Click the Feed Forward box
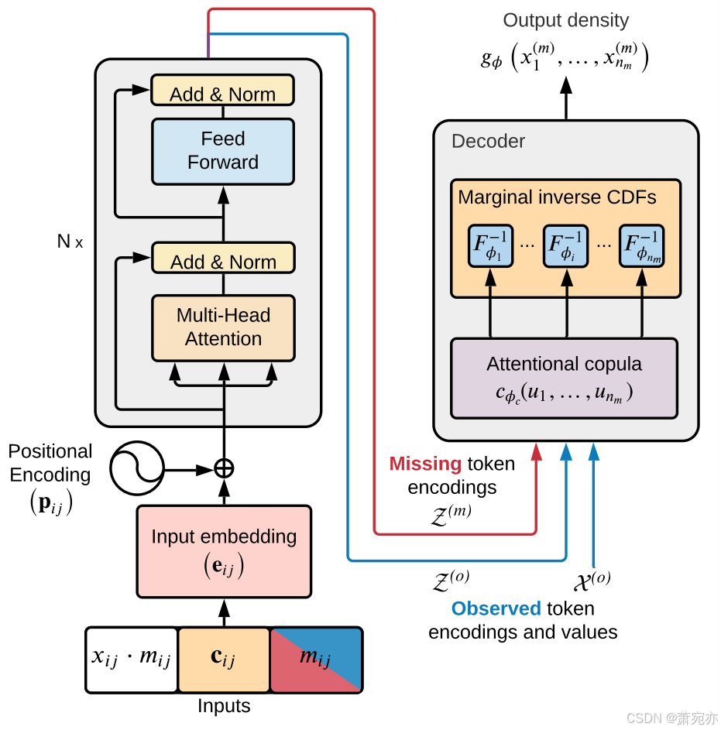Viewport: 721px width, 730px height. [x=223, y=151]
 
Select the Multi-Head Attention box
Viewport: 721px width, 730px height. [x=223, y=327]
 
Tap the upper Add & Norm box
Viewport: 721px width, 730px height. [x=223, y=91]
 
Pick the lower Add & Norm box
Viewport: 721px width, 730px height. [x=223, y=258]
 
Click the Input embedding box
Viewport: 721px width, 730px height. [x=224, y=551]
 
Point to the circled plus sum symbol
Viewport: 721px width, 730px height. [x=224, y=468]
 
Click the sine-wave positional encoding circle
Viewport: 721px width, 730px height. [x=136, y=468]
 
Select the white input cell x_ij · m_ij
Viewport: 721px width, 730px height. [x=132, y=660]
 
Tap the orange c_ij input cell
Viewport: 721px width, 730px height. [x=224, y=660]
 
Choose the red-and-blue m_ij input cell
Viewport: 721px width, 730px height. [x=316, y=660]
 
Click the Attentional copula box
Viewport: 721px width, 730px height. [x=564, y=379]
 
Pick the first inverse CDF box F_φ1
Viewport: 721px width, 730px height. [x=490, y=246]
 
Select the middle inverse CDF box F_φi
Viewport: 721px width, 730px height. [x=566, y=246]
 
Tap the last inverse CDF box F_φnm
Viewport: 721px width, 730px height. [x=642, y=246]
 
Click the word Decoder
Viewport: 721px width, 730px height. [x=488, y=141]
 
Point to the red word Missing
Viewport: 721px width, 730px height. [x=425, y=464]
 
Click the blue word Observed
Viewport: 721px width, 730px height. [x=496, y=608]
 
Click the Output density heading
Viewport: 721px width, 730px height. [x=566, y=20]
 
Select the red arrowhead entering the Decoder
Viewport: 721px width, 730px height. [x=536, y=451]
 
